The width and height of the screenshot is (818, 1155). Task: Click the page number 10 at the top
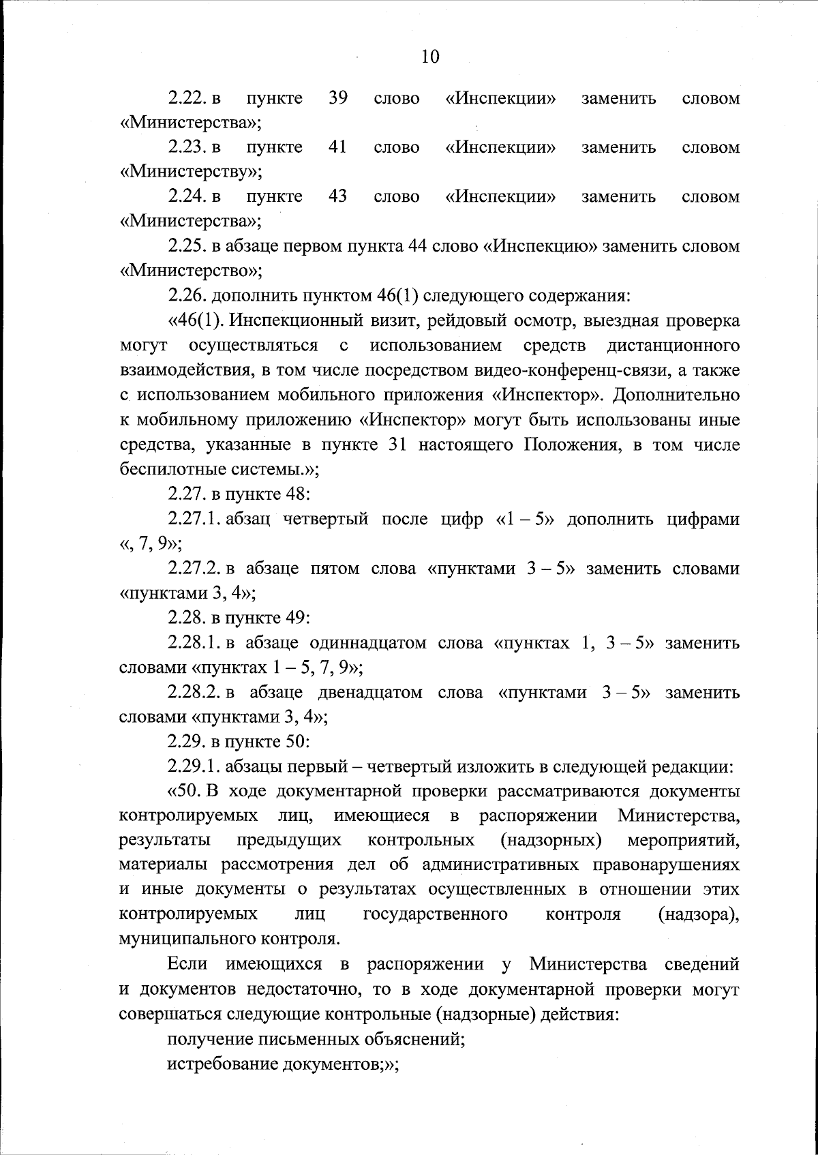coord(430,57)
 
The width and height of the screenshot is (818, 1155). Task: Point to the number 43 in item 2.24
coord(337,196)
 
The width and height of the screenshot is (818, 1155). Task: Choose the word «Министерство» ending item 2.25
coord(190,271)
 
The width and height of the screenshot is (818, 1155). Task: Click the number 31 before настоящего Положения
coord(397,445)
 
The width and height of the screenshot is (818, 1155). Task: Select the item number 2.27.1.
coord(196,519)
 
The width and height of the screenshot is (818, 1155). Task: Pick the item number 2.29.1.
coord(196,767)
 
